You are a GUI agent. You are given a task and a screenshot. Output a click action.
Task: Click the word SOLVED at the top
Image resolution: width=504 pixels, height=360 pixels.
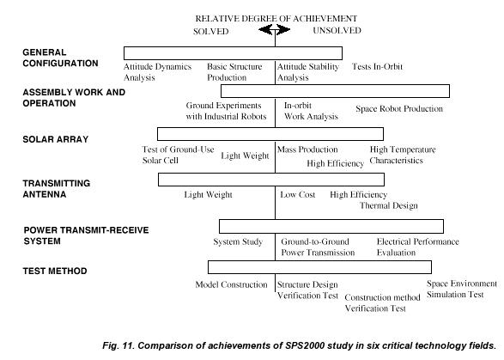pos(211,32)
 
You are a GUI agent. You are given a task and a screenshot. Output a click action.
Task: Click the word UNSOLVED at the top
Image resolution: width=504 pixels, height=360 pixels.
pos(337,30)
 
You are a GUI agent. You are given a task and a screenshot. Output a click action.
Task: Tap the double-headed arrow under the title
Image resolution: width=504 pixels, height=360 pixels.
pos(275,30)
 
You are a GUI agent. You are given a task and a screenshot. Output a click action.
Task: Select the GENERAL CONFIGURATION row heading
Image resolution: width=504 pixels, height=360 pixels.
pos(60,58)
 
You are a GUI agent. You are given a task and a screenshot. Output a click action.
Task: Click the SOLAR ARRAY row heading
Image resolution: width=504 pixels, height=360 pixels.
pos(56,139)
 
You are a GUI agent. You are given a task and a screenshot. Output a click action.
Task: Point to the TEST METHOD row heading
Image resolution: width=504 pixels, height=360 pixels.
pos(55,271)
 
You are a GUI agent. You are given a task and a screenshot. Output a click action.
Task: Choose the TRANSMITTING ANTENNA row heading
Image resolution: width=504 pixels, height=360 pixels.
pos(57,189)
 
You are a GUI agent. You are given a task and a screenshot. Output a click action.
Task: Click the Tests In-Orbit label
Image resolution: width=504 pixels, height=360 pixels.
pos(377,67)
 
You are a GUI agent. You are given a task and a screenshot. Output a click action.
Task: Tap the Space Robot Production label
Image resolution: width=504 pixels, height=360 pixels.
pos(399,109)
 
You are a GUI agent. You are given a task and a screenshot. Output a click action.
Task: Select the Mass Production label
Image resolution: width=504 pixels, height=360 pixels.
pos(307,149)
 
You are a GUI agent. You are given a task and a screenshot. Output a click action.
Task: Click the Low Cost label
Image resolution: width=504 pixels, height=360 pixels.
pos(298,195)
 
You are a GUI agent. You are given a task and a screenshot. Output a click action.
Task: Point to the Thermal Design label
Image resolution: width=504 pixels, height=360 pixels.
pos(389,205)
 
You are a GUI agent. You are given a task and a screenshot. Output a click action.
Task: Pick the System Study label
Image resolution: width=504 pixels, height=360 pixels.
pos(238,242)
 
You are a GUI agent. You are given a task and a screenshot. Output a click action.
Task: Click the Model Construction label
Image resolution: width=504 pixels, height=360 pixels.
pos(232,284)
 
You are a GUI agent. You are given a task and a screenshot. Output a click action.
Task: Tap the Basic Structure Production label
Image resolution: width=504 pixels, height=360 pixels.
pos(234,72)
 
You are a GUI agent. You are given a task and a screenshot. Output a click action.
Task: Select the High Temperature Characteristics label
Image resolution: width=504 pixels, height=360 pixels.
pos(403,155)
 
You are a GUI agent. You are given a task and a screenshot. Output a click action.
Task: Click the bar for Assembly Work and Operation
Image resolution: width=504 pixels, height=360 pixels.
pos(335,91)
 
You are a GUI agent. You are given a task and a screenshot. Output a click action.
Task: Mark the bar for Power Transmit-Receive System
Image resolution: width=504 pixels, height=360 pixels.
pos(331,227)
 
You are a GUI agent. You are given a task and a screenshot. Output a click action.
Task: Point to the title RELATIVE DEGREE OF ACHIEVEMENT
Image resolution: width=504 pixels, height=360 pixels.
pos(276,19)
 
